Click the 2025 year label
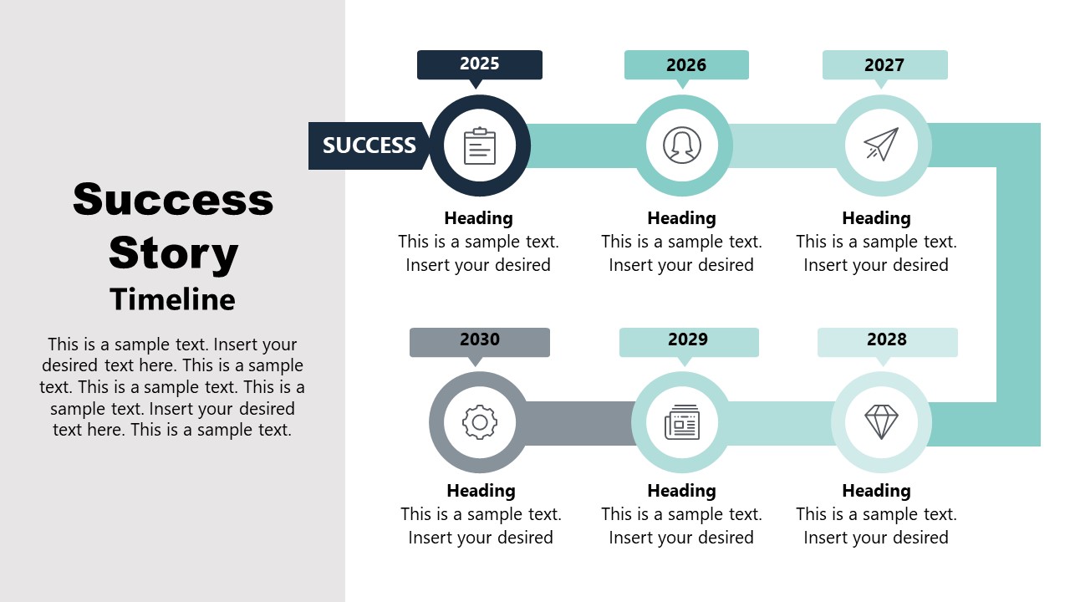(x=480, y=64)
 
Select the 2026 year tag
(x=686, y=64)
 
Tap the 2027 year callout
(x=884, y=64)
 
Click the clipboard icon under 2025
(x=480, y=145)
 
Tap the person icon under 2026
(x=682, y=145)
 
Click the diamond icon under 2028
(x=881, y=422)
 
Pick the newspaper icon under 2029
(x=682, y=422)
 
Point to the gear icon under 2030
(x=480, y=422)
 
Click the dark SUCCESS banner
(x=369, y=145)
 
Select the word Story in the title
(x=173, y=253)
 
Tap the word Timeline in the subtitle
(x=173, y=299)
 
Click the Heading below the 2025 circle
(x=478, y=218)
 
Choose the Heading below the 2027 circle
(x=876, y=218)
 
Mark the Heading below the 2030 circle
(x=481, y=491)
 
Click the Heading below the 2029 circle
(x=681, y=491)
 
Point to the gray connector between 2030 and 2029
(x=580, y=423)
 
